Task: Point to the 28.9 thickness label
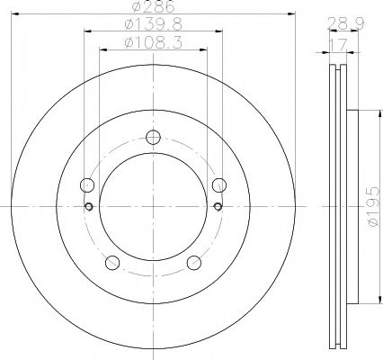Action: (x=339, y=22)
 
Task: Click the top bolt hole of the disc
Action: (x=153, y=138)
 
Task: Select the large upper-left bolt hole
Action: (x=87, y=185)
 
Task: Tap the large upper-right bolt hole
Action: (x=218, y=185)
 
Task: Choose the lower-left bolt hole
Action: (x=112, y=263)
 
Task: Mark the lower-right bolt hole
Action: (x=193, y=263)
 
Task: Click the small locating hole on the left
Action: (x=88, y=205)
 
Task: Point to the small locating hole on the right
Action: (x=218, y=205)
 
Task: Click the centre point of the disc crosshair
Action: (x=153, y=206)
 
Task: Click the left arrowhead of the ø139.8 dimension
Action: (x=86, y=30)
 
